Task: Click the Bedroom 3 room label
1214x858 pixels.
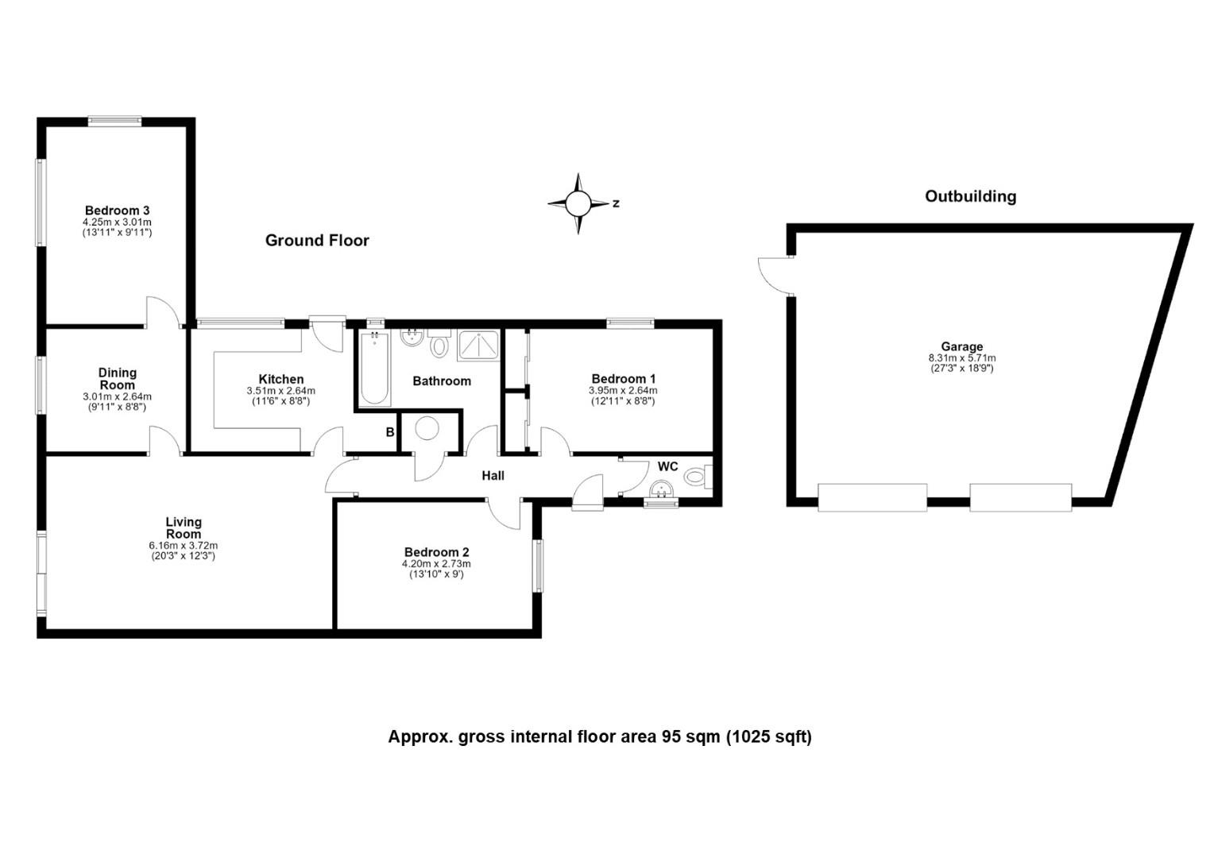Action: click(x=117, y=211)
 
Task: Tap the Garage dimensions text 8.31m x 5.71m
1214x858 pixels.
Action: click(x=961, y=357)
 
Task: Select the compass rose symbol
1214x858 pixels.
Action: click(x=578, y=204)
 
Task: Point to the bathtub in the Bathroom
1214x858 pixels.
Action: click(x=374, y=369)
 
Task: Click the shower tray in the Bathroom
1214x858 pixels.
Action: click(x=478, y=346)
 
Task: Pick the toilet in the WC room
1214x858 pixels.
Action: click(x=698, y=477)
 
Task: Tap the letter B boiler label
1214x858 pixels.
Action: click(x=389, y=432)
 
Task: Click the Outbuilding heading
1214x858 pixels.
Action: click(x=970, y=196)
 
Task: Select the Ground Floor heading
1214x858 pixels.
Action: click(x=317, y=240)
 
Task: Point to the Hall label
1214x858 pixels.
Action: click(x=493, y=476)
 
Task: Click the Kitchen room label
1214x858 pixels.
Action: click(x=280, y=379)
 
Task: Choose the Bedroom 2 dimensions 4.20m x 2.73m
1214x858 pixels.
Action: click(x=435, y=564)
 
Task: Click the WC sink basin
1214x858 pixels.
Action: click(x=661, y=489)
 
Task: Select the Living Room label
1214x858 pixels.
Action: click(x=184, y=528)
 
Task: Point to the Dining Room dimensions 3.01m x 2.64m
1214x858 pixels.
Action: click(x=117, y=396)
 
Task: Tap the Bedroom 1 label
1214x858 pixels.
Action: click(x=623, y=378)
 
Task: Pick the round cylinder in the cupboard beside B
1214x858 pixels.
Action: click(x=427, y=428)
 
